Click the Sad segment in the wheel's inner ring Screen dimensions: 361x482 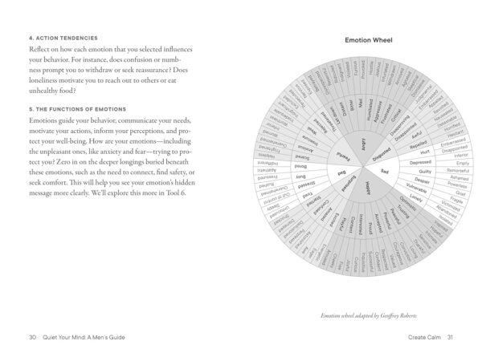[384, 172]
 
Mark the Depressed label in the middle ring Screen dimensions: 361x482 [420, 163]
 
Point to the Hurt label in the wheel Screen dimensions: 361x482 [426, 152]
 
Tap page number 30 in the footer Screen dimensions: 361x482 [31, 337]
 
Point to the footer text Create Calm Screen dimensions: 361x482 [419, 337]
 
